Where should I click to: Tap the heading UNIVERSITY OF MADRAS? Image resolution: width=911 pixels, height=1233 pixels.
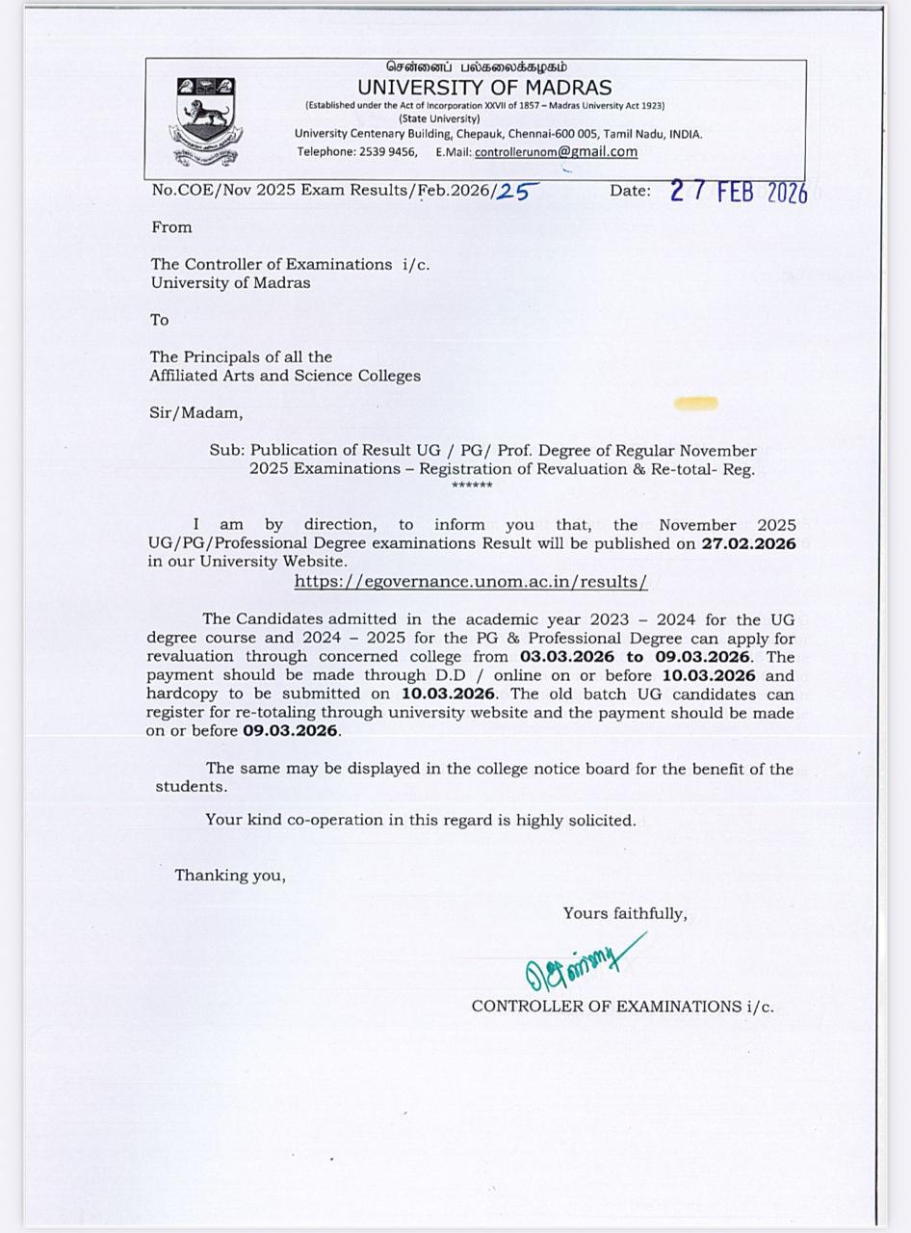(x=484, y=87)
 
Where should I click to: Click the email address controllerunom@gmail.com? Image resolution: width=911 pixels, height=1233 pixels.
(x=556, y=151)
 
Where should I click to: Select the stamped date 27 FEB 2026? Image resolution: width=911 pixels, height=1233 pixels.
(x=738, y=192)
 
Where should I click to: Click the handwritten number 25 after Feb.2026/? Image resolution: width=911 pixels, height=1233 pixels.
(x=515, y=191)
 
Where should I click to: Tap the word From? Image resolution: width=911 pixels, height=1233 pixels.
(x=171, y=227)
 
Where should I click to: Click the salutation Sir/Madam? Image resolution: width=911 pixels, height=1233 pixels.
(x=195, y=413)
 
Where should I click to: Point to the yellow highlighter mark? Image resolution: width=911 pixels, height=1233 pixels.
(x=696, y=403)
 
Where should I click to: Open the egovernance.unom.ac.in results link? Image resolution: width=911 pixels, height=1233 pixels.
(x=470, y=582)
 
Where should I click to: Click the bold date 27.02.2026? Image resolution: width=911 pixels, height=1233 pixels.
(x=748, y=543)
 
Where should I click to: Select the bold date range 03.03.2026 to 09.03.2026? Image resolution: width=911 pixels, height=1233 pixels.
(x=634, y=657)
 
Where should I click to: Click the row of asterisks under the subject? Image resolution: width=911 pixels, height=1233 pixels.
(x=472, y=485)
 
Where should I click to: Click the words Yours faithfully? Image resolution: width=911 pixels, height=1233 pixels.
(x=625, y=913)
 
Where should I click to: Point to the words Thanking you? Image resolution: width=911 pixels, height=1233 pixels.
(x=230, y=876)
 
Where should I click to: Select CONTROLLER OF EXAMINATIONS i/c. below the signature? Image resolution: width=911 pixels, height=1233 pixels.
(x=622, y=1007)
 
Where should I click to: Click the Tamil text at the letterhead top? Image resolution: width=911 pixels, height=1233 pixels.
(x=477, y=67)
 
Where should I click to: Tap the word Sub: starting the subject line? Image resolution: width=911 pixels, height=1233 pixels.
(x=227, y=451)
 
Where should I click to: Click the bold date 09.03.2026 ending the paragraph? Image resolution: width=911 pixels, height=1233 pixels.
(x=290, y=731)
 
